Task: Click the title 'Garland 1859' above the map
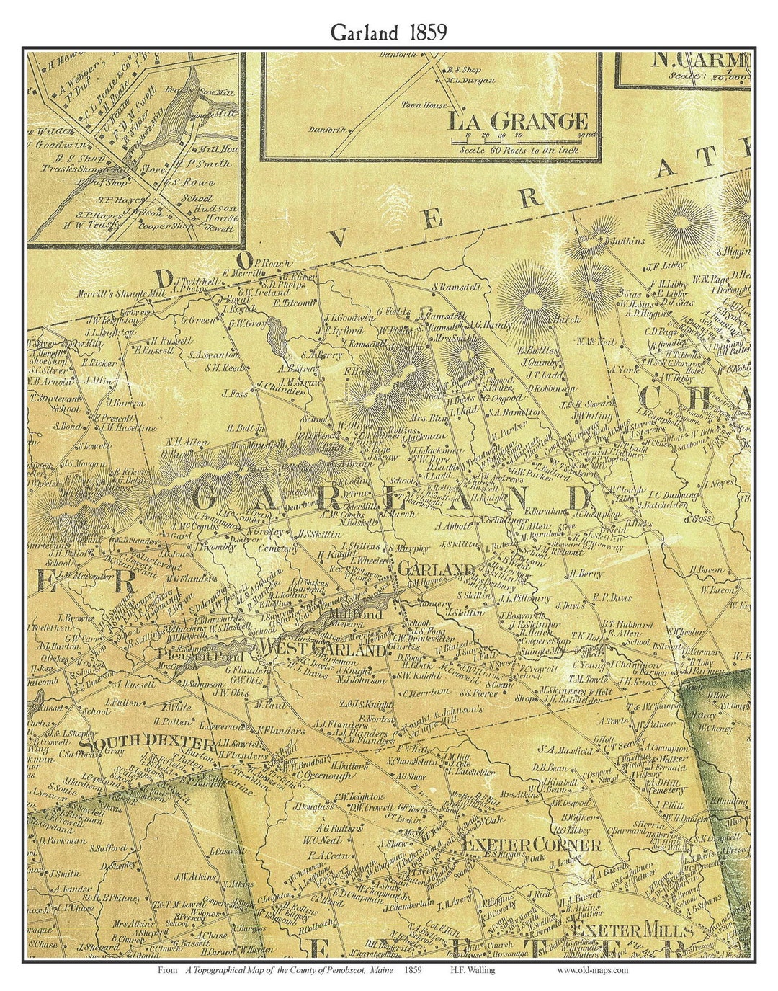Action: pyautogui.click(x=388, y=32)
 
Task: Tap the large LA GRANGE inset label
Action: pyautogui.click(x=518, y=121)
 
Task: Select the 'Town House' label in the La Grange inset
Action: pyautogui.click(x=425, y=105)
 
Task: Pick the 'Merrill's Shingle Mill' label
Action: pyautogui.click(x=110, y=294)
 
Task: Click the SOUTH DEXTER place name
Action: pyautogui.click(x=147, y=742)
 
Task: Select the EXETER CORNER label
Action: pyautogui.click(x=531, y=844)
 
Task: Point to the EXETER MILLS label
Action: pyautogui.click(x=631, y=929)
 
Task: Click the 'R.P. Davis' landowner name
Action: pyautogui.click(x=612, y=597)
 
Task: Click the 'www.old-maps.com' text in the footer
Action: pyautogui.click(x=592, y=970)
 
